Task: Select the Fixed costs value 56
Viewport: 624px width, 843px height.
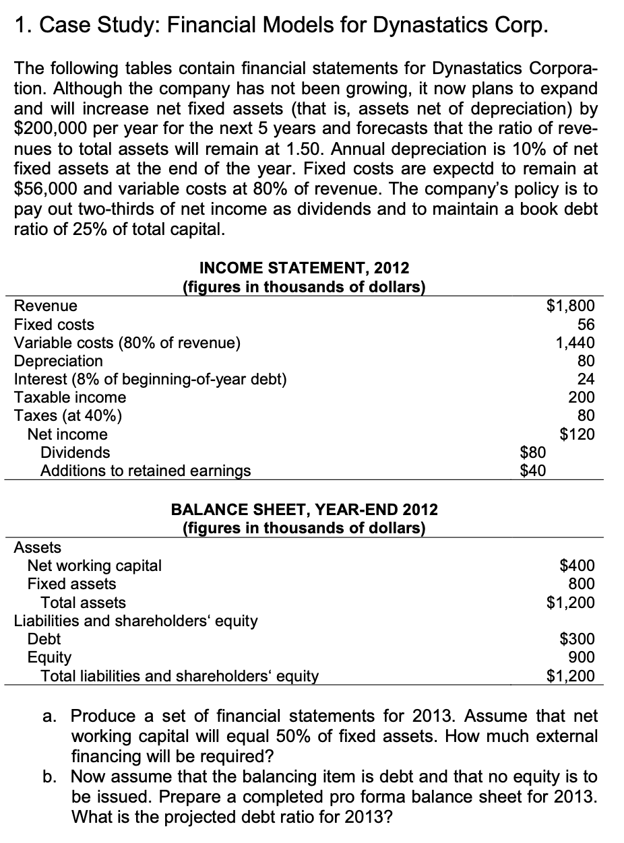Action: [x=584, y=325]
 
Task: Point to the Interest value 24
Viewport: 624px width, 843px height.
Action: [x=584, y=379]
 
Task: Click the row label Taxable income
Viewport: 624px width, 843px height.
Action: [x=70, y=397]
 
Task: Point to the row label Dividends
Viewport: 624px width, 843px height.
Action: [x=75, y=452]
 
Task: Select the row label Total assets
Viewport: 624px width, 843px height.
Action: [x=83, y=602]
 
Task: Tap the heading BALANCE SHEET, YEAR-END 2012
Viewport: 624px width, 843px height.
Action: [x=305, y=509]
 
